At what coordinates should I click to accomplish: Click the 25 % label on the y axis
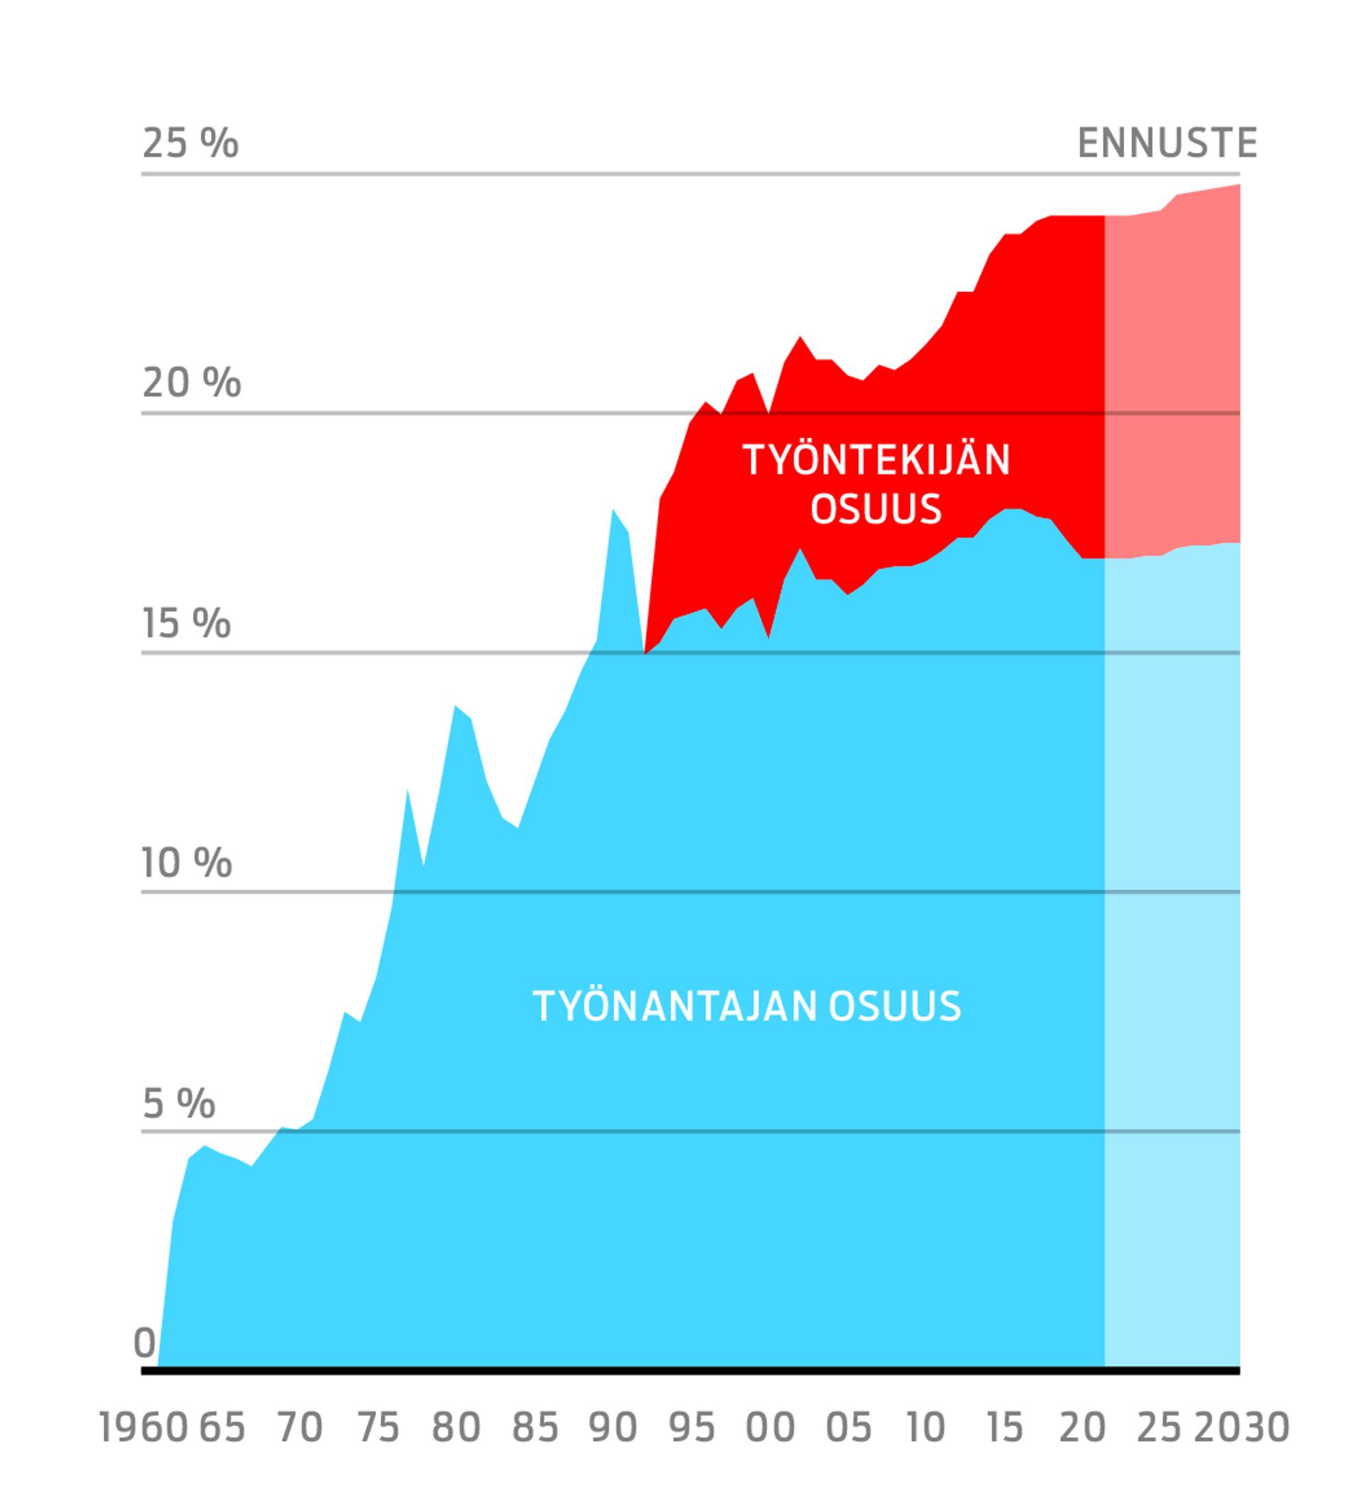189,142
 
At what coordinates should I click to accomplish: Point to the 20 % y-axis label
191,383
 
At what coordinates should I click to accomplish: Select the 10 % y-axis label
187,862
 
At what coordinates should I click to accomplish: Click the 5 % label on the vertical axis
178,1102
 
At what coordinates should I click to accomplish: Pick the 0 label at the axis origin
144,1342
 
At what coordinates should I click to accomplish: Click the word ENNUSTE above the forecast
1167,142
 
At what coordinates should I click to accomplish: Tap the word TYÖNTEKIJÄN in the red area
876,460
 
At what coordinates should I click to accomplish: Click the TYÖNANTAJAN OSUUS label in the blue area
747,1006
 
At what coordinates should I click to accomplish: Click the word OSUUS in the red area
876,510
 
